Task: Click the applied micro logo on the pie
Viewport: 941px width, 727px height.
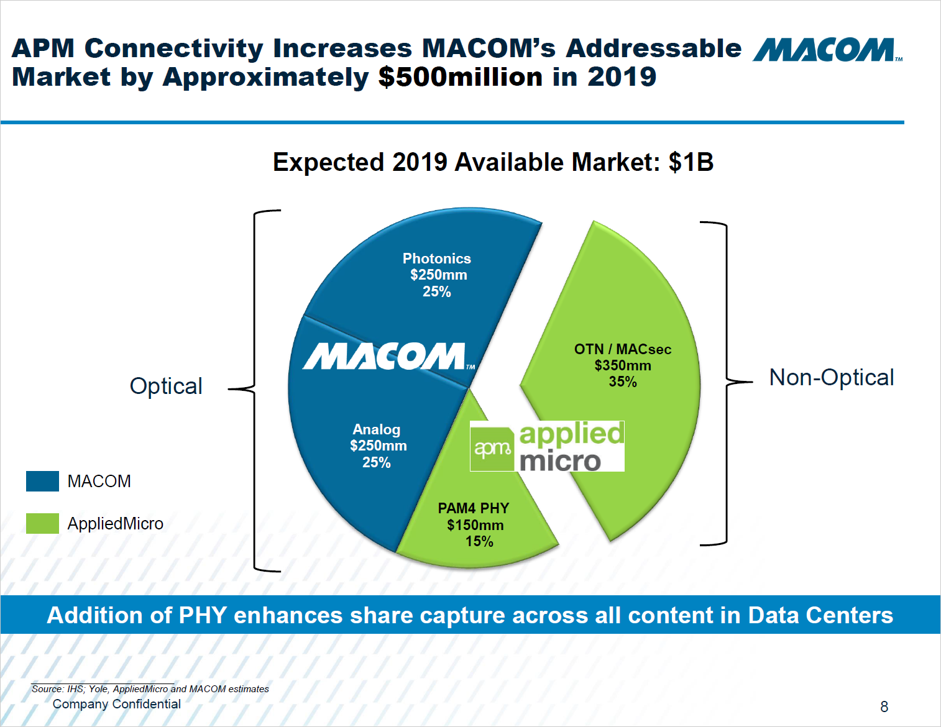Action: tap(547, 446)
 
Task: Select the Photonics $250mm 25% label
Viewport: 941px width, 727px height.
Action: tap(437, 275)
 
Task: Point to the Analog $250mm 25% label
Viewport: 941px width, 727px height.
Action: tap(377, 446)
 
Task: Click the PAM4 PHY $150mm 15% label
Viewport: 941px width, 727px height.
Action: tap(474, 525)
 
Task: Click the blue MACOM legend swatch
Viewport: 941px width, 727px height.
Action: tap(42, 481)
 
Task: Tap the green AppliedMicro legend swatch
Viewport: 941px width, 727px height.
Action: tap(42, 523)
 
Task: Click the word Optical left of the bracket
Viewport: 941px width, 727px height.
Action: tap(166, 386)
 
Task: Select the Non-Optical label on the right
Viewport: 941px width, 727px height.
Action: tap(831, 377)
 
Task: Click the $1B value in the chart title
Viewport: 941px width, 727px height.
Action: tap(691, 162)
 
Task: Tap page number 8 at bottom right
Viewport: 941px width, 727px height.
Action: tap(884, 706)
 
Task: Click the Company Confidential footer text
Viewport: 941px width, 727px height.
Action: tap(117, 704)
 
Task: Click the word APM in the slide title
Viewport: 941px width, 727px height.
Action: tap(43, 48)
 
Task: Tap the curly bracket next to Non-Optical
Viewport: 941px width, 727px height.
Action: tap(727, 382)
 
